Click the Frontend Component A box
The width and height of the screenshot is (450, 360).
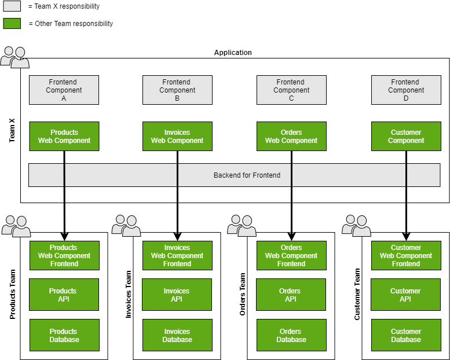(x=64, y=90)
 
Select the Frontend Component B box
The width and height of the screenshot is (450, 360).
(x=177, y=90)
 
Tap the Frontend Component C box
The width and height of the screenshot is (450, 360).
(x=291, y=90)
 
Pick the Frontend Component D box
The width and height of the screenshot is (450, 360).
(x=405, y=90)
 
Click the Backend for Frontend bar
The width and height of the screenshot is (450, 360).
(x=234, y=175)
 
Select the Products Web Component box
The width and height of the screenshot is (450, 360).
(x=64, y=136)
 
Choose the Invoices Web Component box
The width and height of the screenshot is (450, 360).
(x=177, y=136)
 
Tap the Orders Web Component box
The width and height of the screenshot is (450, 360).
(x=291, y=136)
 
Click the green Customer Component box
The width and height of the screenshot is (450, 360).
(x=405, y=136)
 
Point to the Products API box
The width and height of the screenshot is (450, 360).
(x=64, y=295)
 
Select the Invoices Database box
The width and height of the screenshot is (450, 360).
(x=177, y=335)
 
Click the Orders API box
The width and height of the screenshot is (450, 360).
(x=291, y=295)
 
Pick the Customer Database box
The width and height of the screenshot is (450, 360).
(x=405, y=335)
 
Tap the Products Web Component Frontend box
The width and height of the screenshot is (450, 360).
(x=64, y=255)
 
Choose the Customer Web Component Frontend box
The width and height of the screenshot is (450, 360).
(x=405, y=255)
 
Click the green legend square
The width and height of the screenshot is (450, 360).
(x=12, y=23)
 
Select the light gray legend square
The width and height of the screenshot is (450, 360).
(x=12, y=6)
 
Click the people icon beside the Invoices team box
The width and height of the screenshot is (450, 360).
(x=126, y=226)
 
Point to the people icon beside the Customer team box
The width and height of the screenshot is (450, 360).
(x=356, y=226)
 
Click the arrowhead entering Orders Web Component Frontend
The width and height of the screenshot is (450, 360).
(x=291, y=236)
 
